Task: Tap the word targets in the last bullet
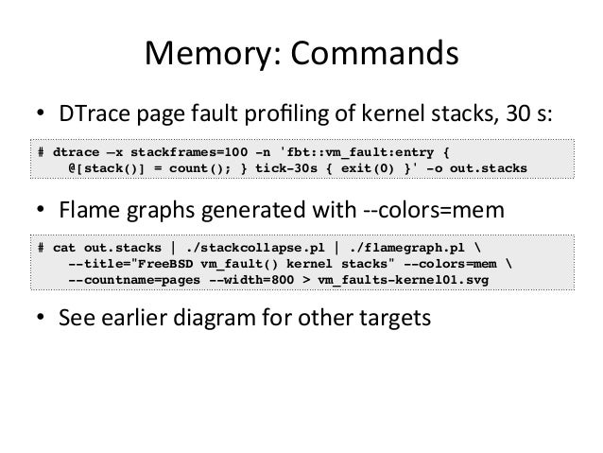(395, 318)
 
